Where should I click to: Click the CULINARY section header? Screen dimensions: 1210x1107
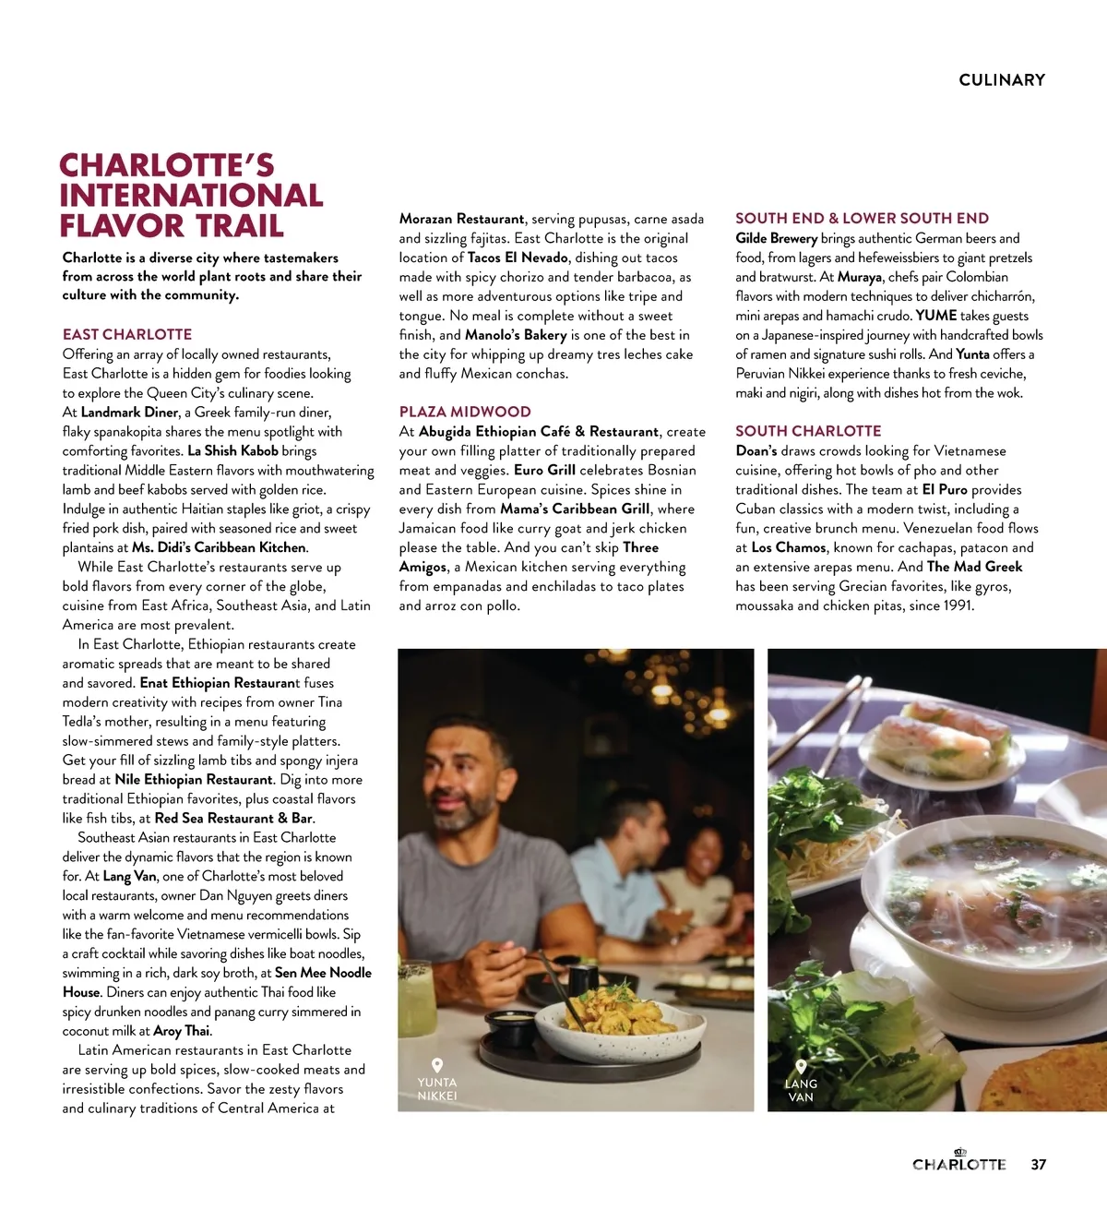click(x=1002, y=80)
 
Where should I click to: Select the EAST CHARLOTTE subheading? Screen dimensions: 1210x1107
click(x=127, y=334)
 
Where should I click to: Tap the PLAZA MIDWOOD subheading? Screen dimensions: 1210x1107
click(x=465, y=412)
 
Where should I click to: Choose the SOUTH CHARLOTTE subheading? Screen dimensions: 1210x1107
click(x=808, y=431)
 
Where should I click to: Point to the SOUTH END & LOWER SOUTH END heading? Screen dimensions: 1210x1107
click(x=862, y=219)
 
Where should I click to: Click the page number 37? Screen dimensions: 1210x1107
click(x=1039, y=1165)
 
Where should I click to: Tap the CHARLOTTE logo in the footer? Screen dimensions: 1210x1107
click(x=959, y=1163)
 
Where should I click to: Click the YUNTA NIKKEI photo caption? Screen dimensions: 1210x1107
click(x=437, y=1088)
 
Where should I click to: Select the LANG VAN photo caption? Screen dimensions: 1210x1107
click(x=801, y=1090)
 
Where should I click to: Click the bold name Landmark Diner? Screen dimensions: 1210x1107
click(x=129, y=413)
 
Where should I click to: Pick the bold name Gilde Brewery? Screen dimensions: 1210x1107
click(x=776, y=238)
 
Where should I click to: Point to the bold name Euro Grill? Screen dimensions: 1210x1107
click(x=544, y=470)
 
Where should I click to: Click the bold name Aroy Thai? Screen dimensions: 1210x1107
click(x=182, y=1031)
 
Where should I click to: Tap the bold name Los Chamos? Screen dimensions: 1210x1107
click(x=789, y=547)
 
